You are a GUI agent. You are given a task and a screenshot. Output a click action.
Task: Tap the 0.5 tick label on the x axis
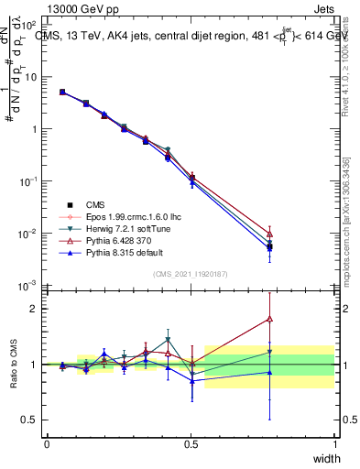coord(191,443)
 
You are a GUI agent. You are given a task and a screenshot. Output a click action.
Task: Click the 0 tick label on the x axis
coord(47,443)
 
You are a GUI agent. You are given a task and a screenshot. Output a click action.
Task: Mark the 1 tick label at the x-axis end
coord(334,443)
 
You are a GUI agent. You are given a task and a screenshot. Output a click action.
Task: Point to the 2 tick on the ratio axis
coord(38,309)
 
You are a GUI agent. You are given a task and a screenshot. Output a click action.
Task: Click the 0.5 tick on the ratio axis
coord(33,420)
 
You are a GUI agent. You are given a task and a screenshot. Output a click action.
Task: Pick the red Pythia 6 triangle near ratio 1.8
coord(269,319)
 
